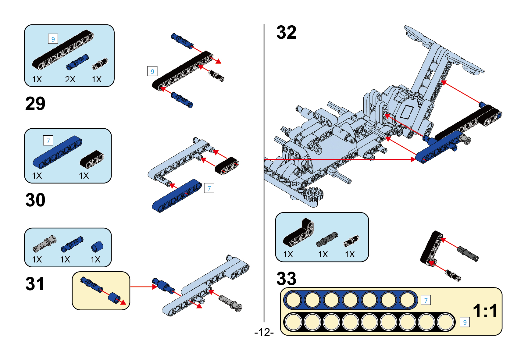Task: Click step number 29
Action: [35, 104]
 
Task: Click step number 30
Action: [35, 200]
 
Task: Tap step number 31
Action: [35, 284]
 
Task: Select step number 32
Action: [286, 32]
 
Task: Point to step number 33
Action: [286, 278]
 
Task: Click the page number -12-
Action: [264, 332]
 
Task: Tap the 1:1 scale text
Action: [485, 311]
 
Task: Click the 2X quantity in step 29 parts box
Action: [70, 80]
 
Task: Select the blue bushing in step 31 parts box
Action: [97, 247]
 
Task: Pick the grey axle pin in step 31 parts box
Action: [45, 244]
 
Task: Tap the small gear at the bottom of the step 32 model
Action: [313, 194]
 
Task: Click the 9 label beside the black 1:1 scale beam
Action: [465, 322]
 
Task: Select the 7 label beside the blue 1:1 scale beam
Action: [426, 300]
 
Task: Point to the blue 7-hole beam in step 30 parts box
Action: [58, 152]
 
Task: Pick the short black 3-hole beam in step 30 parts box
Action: [92, 159]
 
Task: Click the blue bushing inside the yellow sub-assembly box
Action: [114, 298]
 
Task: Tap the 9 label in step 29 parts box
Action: [53, 39]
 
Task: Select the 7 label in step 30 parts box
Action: [48, 141]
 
